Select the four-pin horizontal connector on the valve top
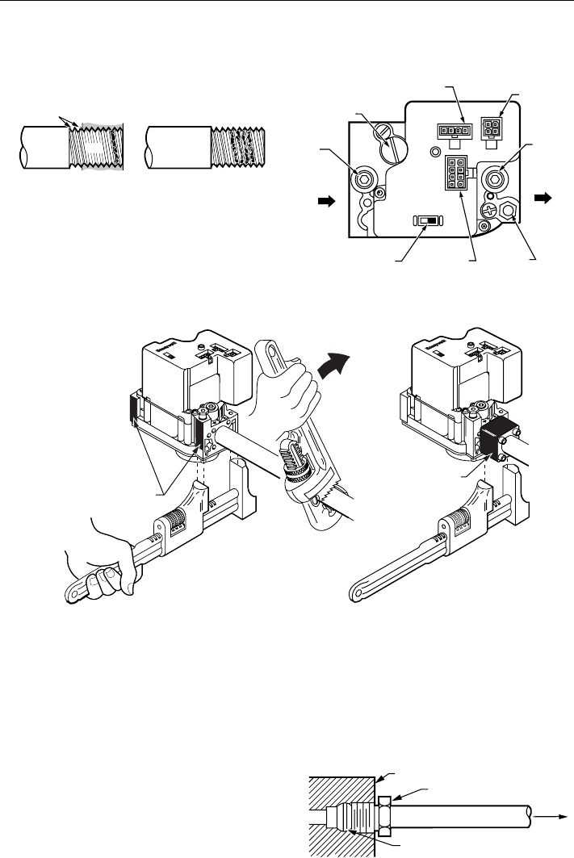tap(454, 129)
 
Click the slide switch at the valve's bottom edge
tap(428, 220)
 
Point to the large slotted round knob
tap(397, 145)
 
